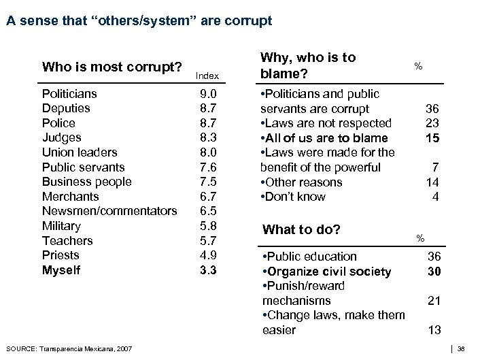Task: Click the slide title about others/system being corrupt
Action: point(139,21)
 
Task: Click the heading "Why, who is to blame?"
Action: point(308,65)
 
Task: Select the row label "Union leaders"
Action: point(80,152)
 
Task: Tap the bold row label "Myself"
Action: point(61,270)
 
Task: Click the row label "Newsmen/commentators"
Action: point(109,212)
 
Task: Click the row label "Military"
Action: point(61,226)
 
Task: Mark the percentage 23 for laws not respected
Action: point(432,123)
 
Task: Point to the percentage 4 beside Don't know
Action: point(436,197)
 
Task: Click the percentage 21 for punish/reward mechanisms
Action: point(433,300)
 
